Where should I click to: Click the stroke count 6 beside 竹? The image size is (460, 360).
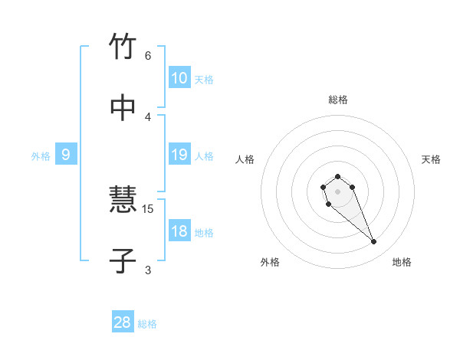148,55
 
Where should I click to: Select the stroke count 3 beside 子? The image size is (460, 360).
148,270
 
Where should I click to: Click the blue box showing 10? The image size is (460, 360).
179,78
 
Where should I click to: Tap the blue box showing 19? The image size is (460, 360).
179,155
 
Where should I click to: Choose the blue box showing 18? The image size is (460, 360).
179,231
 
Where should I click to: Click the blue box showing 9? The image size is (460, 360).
66,155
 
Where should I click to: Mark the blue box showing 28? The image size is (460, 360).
123,322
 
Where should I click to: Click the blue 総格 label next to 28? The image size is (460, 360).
147,324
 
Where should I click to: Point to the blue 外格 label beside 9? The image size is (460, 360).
41,156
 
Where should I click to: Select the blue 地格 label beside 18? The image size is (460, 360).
204,233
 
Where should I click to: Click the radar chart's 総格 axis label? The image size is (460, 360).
337,100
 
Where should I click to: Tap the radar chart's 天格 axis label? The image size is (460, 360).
432,159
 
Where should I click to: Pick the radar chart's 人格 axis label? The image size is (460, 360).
245,159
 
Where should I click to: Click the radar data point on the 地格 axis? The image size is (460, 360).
374,242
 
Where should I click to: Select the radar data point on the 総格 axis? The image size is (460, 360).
337,176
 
